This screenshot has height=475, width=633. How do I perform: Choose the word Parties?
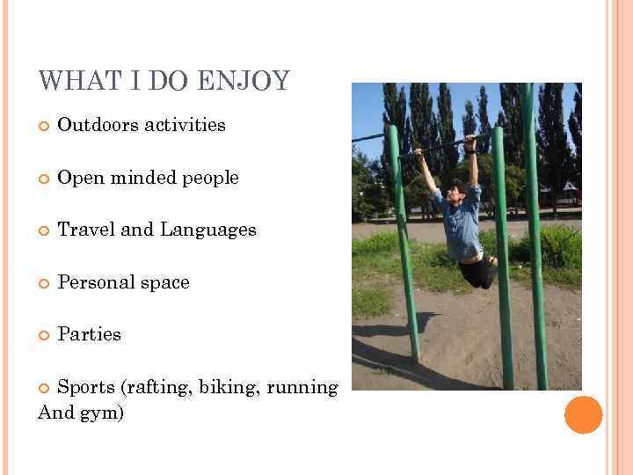click(89, 335)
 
